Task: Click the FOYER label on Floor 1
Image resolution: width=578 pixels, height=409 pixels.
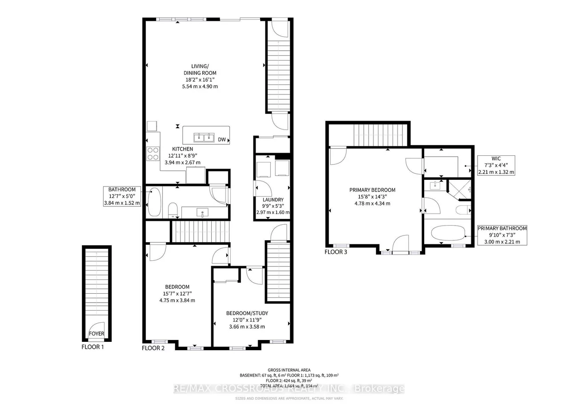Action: click(x=96, y=333)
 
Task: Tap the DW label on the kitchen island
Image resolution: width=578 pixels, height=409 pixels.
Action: click(x=221, y=139)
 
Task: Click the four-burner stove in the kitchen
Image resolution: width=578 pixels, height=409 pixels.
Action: click(x=153, y=154)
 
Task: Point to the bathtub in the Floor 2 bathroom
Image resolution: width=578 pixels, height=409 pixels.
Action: click(x=154, y=202)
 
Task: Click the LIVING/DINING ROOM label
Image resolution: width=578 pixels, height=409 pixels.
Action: click(x=200, y=69)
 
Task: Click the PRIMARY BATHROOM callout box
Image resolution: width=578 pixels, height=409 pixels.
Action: click(x=502, y=235)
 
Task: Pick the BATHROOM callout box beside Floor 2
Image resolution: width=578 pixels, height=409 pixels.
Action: click(x=122, y=196)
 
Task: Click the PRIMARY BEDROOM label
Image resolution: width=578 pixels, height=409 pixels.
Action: click(x=372, y=190)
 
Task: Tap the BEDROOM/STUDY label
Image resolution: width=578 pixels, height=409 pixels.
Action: click(x=247, y=313)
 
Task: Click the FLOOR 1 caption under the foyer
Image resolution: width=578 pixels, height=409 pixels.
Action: click(x=92, y=347)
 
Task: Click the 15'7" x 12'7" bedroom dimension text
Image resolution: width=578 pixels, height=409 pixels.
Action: click(x=177, y=293)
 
